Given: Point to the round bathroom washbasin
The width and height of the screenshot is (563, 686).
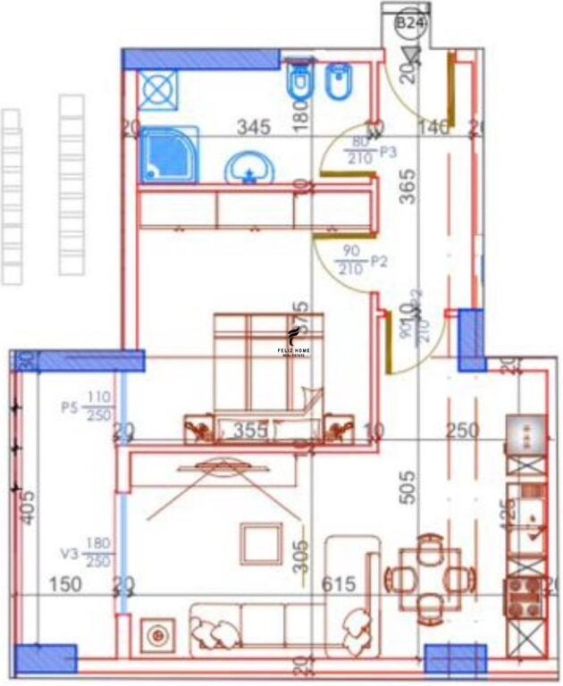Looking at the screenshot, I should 249,168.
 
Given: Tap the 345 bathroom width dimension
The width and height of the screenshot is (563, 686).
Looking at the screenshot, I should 253,128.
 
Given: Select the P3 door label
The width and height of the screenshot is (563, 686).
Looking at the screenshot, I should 388,153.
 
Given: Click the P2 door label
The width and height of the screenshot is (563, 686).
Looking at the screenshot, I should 378,262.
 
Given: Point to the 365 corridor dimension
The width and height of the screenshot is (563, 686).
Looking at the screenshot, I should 408,188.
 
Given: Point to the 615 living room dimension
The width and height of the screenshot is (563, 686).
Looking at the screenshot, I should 338,584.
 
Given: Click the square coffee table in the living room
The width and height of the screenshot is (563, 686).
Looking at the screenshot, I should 262,543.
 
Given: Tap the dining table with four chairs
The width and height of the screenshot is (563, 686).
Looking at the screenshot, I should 429,578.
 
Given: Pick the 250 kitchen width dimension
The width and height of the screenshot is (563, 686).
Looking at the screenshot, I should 462,431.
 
